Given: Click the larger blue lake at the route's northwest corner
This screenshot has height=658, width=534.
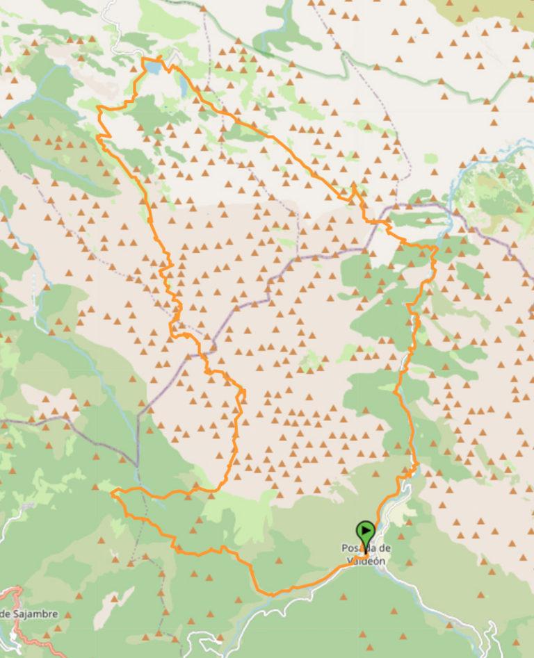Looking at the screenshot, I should pyautogui.click(x=152, y=67).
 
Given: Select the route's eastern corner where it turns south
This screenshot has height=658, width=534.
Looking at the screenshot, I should pyautogui.click(x=435, y=248).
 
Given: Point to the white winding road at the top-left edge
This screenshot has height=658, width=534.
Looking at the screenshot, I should pyautogui.click(x=111, y=21).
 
